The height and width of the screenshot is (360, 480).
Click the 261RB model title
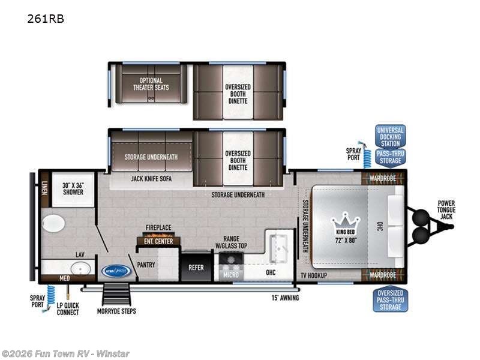pos(46,19)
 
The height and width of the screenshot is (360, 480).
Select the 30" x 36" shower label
pos(73,188)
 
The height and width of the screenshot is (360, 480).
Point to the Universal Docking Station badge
pos(390,137)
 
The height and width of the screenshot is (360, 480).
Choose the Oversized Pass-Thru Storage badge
pos(390,299)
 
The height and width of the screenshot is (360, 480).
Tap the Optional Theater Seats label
pos(151,84)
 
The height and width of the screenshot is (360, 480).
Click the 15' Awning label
pos(284,298)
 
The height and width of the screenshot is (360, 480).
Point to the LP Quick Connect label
pos(68,309)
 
